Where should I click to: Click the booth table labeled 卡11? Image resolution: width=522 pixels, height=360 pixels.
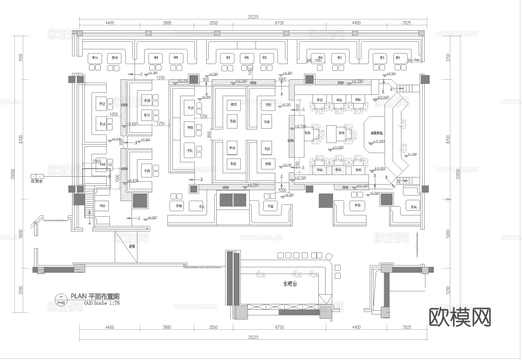tap(95, 58)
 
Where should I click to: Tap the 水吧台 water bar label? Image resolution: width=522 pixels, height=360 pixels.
tap(290, 284)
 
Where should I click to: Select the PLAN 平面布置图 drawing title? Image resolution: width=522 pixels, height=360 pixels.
tap(95, 296)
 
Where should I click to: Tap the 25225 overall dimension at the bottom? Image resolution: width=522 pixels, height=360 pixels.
tap(253, 337)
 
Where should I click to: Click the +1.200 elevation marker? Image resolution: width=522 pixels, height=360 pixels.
tap(412, 154)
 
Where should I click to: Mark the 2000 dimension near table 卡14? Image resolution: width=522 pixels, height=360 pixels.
tap(97, 161)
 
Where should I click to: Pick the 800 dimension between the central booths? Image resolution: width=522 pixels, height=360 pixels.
tap(210, 134)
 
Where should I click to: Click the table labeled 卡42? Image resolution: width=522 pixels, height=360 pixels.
tap(358, 170)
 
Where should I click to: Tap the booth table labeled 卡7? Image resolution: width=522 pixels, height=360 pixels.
tap(228, 58)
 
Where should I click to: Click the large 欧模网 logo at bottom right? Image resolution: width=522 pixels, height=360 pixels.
tap(460, 317)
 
